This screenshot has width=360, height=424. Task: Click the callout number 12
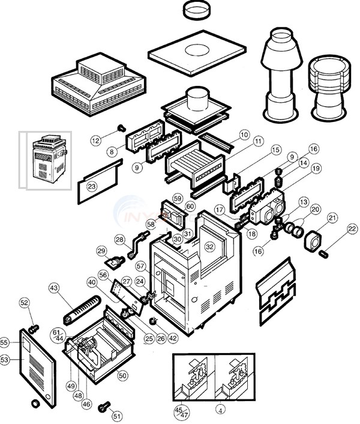click(96, 141)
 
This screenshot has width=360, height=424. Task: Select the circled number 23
click(91, 186)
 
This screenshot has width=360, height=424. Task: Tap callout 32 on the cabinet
click(209, 246)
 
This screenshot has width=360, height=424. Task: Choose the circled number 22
click(352, 228)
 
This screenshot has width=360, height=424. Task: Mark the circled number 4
click(223, 411)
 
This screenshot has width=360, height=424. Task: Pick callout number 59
click(177, 198)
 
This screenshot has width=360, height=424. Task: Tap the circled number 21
click(332, 217)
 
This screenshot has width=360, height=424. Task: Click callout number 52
click(24, 303)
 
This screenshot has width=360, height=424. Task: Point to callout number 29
click(101, 250)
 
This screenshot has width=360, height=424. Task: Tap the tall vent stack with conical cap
click(280, 72)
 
